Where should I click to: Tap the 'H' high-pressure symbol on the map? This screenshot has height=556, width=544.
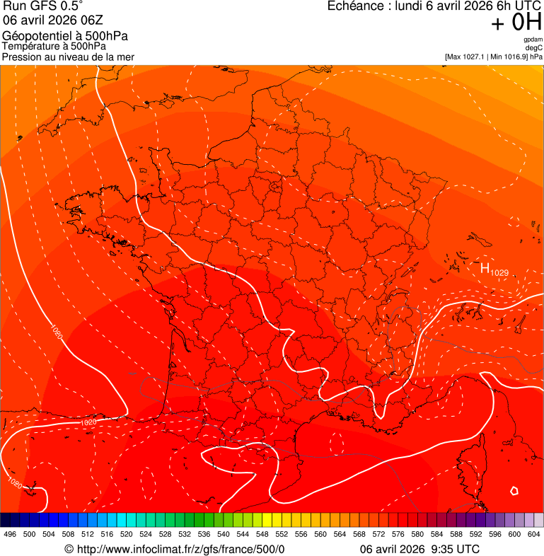[485, 267]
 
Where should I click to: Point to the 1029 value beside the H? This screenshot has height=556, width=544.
[499, 272]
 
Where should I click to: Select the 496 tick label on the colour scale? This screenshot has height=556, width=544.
[10, 534]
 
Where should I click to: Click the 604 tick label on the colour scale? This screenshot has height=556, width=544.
[534, 534]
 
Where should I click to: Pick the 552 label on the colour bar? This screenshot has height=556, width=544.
[282, 534]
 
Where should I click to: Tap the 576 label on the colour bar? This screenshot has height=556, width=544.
[398, 534]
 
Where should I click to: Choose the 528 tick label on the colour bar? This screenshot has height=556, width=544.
[165, 534]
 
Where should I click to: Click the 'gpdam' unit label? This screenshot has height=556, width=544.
[533, 40]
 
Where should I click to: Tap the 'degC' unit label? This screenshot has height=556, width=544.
[534, 47]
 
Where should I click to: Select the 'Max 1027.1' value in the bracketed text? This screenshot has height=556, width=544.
[468, 56]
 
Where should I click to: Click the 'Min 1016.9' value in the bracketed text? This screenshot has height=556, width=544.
[507, 56]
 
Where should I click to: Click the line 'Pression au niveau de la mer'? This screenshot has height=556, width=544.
[68, 57]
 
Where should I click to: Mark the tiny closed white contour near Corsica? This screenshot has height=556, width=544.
[514, 490]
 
